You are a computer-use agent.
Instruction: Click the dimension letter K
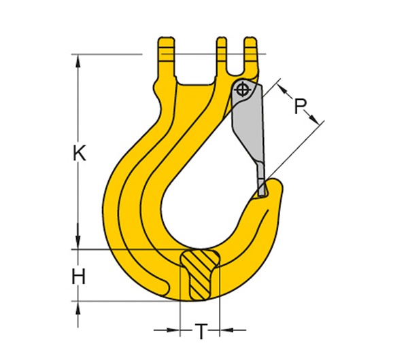click(80, 154)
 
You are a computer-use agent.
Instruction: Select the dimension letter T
click(201, 331)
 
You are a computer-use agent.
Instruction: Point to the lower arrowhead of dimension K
click(80, 242)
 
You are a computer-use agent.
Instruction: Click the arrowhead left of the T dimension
click(174, 331)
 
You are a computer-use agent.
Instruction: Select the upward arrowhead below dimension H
click(80, 306)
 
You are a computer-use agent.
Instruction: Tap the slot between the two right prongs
click(236, 58)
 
